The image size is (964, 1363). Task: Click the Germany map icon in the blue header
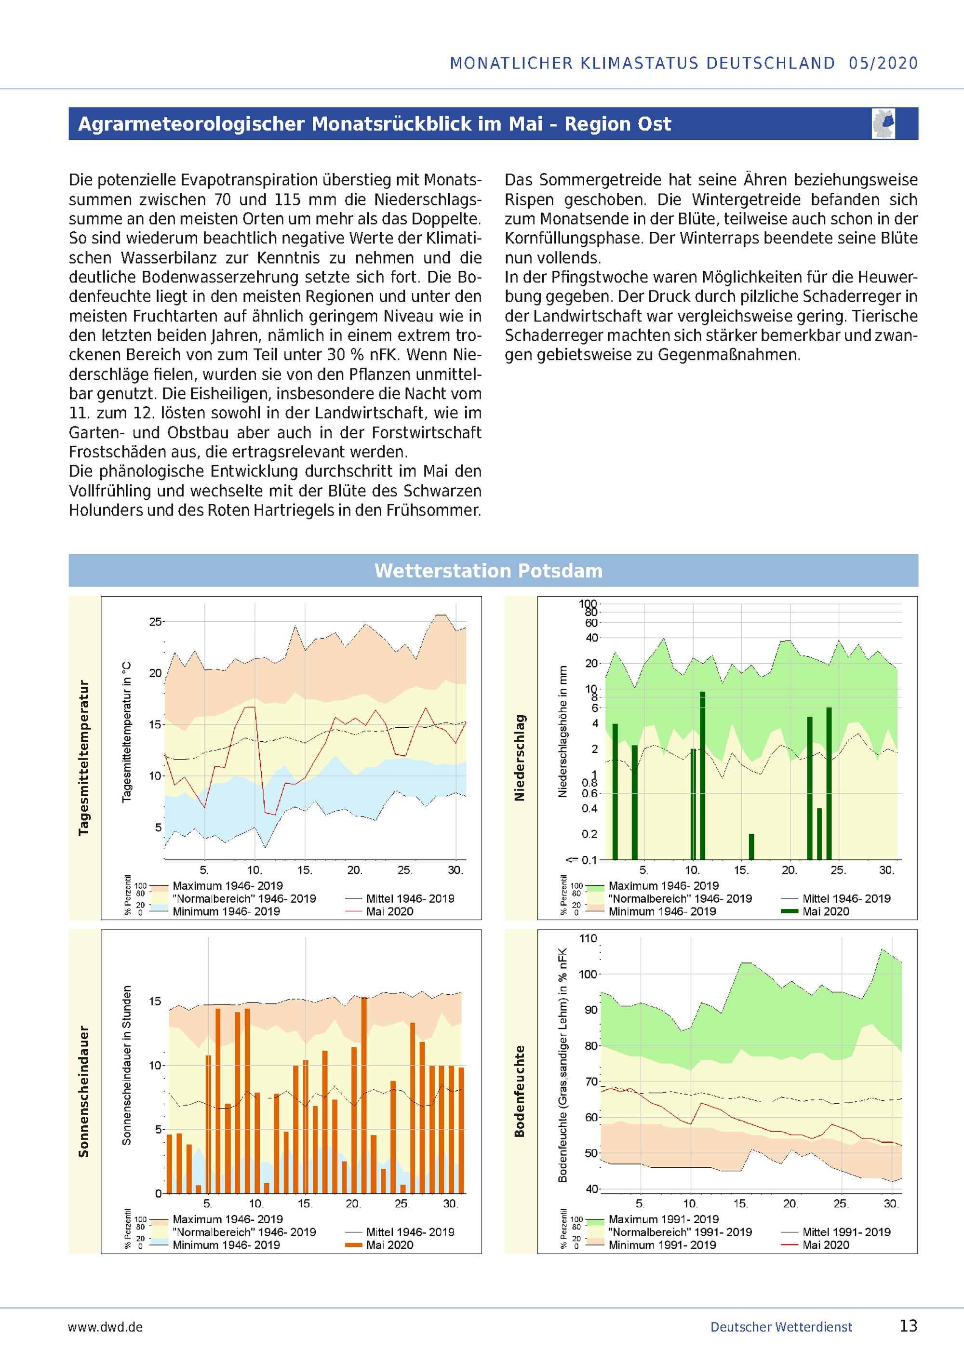coord(884,123)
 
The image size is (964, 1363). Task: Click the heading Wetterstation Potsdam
coord(488,571)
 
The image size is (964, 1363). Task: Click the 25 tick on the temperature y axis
coord(156,622)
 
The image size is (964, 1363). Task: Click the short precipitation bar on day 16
coord(751,846)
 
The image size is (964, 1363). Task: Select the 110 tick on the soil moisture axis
coord(588,938)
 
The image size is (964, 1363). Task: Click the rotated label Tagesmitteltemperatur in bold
coord(84,758)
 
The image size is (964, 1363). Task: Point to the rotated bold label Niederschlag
coord(520,758)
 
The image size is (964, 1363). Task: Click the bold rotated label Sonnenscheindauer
coord(84,1091)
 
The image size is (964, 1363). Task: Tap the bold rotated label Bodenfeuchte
coord(520,1091)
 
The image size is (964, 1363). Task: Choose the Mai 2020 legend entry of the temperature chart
coord(389,911)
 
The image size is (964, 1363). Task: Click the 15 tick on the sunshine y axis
coord(155,1002)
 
